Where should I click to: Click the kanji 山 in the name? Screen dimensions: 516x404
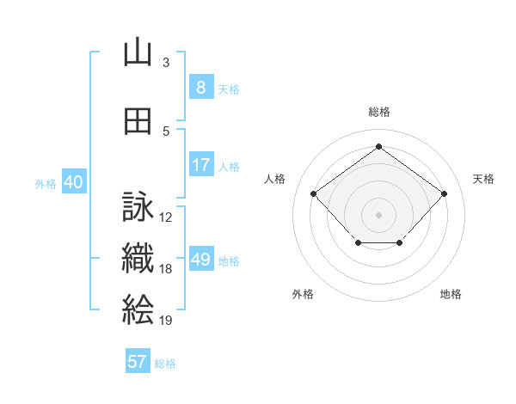[138, 52]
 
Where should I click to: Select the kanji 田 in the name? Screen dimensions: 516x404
[138, 121]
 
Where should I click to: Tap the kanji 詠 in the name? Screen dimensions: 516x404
[138, 206]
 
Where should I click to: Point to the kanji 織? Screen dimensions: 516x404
[138, 258]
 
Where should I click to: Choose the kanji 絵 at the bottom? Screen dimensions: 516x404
[138, 309]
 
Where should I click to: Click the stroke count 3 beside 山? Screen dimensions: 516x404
[166, 63]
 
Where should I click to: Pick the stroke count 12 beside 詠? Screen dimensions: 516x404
[165, 217]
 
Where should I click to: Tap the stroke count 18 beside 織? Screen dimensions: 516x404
[165, 269]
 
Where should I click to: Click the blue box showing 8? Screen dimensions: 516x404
[201, 86]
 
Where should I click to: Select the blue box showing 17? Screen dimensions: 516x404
[201, 164]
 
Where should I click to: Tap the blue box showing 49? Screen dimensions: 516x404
[201, 258]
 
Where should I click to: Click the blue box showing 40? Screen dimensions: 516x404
[74, 181]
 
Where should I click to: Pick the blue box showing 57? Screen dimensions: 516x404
[138, 360]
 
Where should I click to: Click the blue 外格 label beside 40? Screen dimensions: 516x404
[46, 184]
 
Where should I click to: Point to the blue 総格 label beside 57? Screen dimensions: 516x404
[165, 364]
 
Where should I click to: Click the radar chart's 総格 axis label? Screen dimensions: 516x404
[379, 112]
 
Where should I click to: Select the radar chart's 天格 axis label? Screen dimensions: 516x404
[483, 179]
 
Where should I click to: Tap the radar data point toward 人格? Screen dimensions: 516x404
[313, 193]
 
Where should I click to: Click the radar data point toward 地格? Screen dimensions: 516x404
[399, 242]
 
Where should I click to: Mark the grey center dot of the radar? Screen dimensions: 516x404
[378, 215]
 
